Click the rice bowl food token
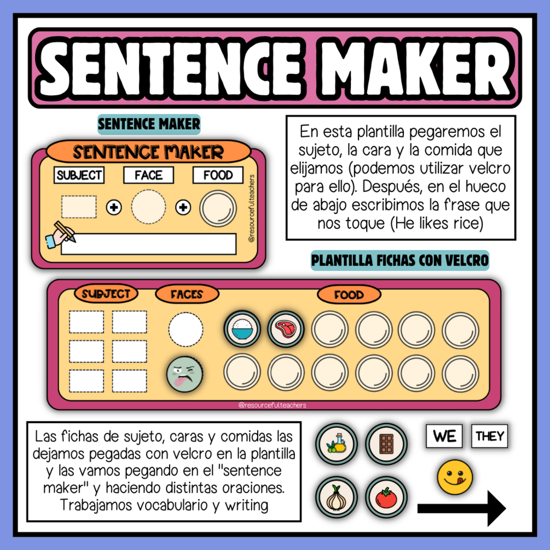pyautogui.click(x=242, y=329)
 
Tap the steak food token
pyautogui.click(x=286, y=329)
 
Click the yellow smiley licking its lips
pyautogui.click(x=455, y=477)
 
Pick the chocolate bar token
pyautogui.click(x=386, y=444)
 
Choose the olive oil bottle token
pyautogui.click(x=337, y=444)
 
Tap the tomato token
pyautogui.click(x=386, y=497)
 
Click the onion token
pyautogui.click(x=337, y=497)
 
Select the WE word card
pyautogui.click(x=444, y=436)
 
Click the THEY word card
pyautogui.click(x=490, y=436)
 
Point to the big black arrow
pyautogui.click(x=461, y=508)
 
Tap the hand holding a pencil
pyautogui.click(x=60, y=235)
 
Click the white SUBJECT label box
pyautogui.click(x=79, y=175)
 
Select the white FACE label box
pyautogui.click(x=149, y=175)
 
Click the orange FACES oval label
pyautogui.click(x=187, y=294)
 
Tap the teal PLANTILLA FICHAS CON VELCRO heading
pyautogui.click(x=400, y=260)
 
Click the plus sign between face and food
pyautogui.click(x=183, y=207)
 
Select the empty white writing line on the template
pyautogui.click(x=149, y=244)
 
